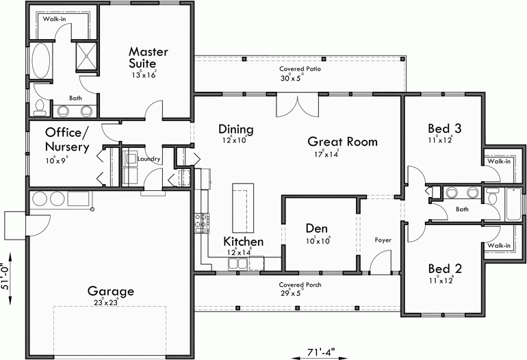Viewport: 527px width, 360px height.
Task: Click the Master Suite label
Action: [149, 57]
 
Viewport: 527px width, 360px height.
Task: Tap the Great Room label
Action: [342, 142]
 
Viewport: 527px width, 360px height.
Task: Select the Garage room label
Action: [110, 291]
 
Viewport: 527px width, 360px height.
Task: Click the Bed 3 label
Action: [444, 128]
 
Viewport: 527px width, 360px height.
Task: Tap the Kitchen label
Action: [243, 242]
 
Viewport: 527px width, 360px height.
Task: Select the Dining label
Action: [236, 129]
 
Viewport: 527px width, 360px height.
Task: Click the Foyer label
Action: [382, 240]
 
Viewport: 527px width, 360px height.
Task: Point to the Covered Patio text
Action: [300, 69]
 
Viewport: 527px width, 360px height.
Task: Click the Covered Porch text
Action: [300, 285]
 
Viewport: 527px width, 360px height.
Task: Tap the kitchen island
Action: [240, 207]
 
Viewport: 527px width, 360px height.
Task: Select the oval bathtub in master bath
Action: [41, 64]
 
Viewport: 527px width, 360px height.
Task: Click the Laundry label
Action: [149, 159]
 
